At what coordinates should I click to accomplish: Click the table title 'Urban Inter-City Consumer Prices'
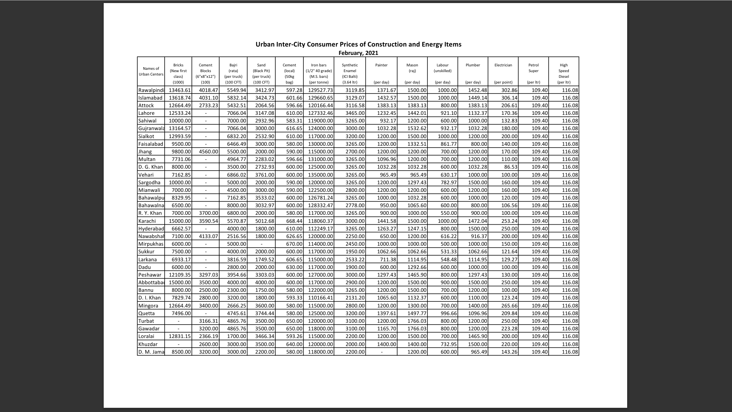tap(358, 44)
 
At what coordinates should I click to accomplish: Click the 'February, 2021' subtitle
tap(358, 53)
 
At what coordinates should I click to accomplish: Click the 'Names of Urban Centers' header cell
tap(151, 71)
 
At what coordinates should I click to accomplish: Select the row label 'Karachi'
tap(147, 221)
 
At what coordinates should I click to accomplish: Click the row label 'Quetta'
tap(146, 313)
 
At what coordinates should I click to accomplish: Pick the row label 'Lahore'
tap(146, 113)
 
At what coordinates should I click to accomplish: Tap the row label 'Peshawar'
tap(150, 275)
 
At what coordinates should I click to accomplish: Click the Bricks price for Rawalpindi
tap(180, 90)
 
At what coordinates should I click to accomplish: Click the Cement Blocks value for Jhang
tap(208, 151)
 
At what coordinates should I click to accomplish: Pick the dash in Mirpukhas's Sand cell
tap(261, 244)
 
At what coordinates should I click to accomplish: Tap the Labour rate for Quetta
tap(448, 313)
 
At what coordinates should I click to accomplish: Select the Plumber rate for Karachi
tap(477, 221)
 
